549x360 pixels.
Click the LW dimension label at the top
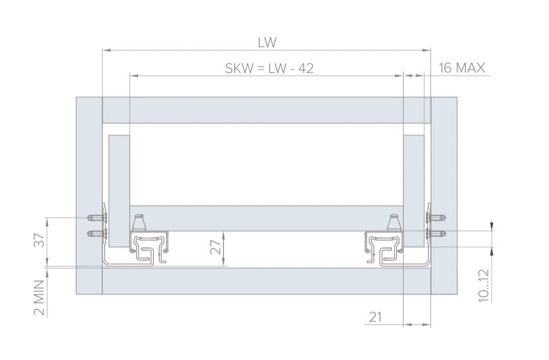[267, 42]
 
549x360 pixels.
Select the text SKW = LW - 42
[269, 69]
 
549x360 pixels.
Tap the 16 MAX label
[462, 67]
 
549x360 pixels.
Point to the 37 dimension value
[40, 240]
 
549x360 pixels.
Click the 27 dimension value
[218, 247]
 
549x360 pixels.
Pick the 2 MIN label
[40, 298]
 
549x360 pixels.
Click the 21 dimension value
[375, 317]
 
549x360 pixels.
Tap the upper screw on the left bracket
[97, 218]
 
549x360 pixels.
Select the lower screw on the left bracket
[97, 233]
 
